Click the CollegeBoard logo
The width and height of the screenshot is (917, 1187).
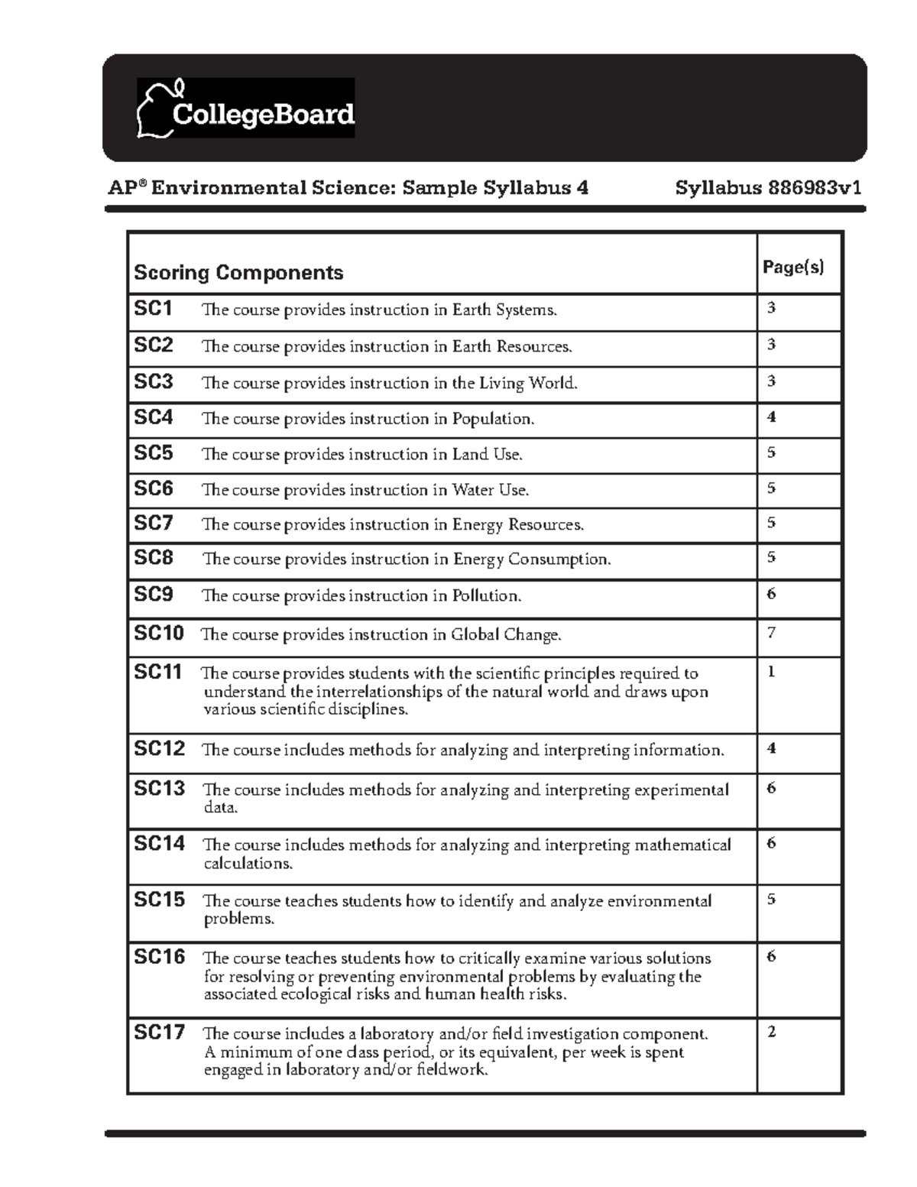click(x=245, y=109)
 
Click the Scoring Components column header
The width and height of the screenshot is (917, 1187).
click(x=238, y=273)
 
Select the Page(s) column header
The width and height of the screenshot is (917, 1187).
click(x=793, y=267)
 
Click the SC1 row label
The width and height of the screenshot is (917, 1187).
click(x=154, y=309)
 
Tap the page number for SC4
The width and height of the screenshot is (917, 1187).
click(x=771, y=417)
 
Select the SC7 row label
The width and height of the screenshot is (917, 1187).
click(x=154, y=524)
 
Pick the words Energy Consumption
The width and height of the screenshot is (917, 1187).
click(x=532, y=559)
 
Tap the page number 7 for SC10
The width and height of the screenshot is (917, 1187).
click(x=771, y=633)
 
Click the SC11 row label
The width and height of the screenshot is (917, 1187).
click(x=158, y=673)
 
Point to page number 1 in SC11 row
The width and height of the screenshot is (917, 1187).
click(x=771, y=673)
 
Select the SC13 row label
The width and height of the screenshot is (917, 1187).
click(x=159, y=788)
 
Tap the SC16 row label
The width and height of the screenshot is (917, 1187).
click(x=159, y=957)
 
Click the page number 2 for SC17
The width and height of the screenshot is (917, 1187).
click(x=771, y=1033)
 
